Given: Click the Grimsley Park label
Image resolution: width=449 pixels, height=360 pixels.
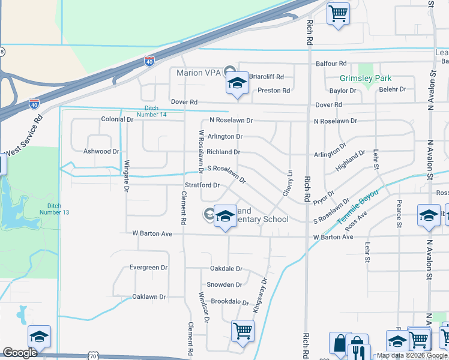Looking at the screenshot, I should point(365,78).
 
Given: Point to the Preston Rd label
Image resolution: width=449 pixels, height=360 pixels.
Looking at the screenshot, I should point(273,91).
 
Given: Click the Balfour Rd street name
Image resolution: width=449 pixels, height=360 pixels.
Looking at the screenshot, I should point(330,63).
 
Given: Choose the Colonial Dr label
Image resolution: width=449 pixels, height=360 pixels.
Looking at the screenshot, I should point(116,119).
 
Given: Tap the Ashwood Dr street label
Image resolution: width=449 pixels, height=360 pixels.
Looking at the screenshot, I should point(101,152).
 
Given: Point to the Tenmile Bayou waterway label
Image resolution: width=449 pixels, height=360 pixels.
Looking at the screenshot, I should point(358,207).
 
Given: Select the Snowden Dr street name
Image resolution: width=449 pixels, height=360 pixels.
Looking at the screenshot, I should point(224,285).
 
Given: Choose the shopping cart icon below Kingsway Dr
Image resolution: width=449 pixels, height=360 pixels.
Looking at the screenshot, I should point(243,330).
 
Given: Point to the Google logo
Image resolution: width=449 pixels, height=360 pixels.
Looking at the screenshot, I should point(20,352).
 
